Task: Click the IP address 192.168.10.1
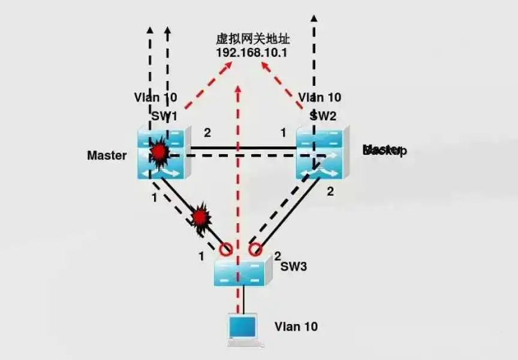coord(252,52)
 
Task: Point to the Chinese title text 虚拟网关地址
coord(252,39)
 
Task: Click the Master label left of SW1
coord(107,155)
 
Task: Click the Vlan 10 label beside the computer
coord(296,327)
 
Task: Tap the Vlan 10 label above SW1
coord(155,97)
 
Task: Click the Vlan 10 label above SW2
coord(320,97)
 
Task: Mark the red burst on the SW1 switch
coord(159,152)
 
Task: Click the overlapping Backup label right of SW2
coord(384,150)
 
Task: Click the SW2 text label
coord(324,115)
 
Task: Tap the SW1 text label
coord(164,115)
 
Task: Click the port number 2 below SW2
coord(329,192)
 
